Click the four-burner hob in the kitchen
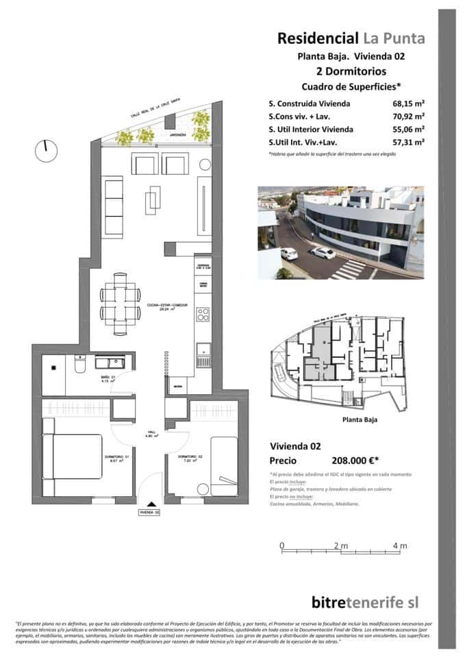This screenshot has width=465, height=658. (203, 315)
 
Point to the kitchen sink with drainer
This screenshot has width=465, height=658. (203, 355)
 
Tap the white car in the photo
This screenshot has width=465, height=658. (322, 252)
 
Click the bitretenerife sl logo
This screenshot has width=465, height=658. (364, 601)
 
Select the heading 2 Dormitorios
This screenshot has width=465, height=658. (351, 71)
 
